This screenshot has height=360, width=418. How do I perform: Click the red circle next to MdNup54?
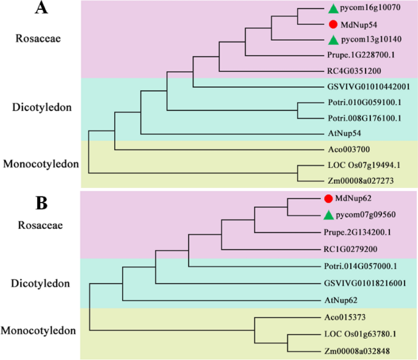tap(333, 24)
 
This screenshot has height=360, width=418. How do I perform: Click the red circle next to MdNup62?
tap(328, 198)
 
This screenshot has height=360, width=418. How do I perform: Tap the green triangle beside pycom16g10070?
tap(333, 9)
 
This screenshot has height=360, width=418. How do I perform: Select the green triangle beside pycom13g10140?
tap(333, 40)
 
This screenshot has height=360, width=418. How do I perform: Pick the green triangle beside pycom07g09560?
tap(328, 215)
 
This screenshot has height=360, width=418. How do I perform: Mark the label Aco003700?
tap(341, 149)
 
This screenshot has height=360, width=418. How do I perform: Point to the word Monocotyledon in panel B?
tap(40, 331)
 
